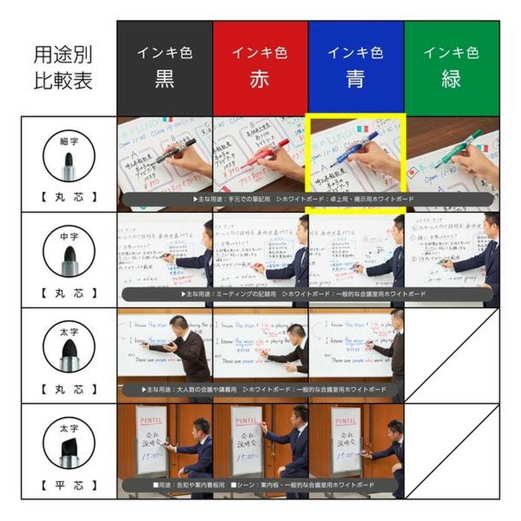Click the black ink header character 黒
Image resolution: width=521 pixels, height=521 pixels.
coord(164,79)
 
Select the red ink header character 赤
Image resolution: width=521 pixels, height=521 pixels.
coord(259,79)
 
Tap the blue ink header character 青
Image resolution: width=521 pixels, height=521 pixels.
coord(355,79)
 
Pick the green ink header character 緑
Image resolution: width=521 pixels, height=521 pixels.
coord(451,79)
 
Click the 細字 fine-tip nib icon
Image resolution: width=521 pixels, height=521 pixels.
coord(68,159)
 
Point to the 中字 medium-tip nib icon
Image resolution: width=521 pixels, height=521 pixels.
coord(68,255)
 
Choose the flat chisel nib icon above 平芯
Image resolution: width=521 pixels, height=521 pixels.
coord(68,447)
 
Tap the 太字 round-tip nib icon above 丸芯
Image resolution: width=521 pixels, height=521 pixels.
coord(68,351)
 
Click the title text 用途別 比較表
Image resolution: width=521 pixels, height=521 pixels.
coord(63,68)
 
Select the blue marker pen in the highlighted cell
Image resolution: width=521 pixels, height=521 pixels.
coord(354,149)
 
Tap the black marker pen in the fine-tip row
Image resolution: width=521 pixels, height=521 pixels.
coord(175,151)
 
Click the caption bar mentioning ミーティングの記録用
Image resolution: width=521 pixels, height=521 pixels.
coord(307,294)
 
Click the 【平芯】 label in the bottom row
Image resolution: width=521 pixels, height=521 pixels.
coord(69,486)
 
